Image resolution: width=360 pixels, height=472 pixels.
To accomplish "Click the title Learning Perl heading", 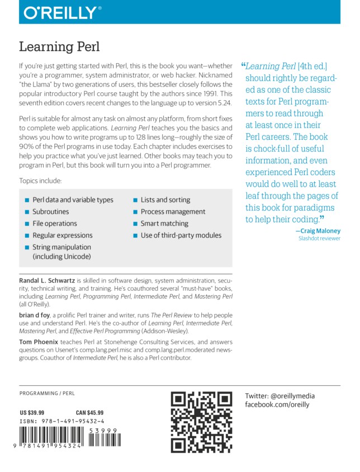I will click(59, 46).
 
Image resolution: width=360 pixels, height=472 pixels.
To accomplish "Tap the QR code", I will click(201, 422).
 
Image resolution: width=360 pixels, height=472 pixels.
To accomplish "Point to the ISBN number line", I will click(62, 421).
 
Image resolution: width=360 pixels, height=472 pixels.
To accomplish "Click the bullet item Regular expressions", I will click(63, 235).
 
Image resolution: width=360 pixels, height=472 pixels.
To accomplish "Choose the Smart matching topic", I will click(165, 224).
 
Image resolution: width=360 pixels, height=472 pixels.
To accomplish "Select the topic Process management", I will click(173, 212).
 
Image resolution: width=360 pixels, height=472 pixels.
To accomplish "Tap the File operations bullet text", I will click(55, 224).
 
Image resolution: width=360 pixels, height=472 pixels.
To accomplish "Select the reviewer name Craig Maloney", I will click(319, 231).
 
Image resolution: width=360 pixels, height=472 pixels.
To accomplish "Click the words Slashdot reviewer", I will click(319, 239).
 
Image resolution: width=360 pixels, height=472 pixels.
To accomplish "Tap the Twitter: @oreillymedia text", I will click(280, 397).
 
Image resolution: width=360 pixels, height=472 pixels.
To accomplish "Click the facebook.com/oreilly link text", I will click(277, 404).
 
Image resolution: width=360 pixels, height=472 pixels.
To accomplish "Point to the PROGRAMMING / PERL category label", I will click(46, 394).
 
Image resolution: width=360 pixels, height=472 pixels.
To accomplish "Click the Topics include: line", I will click(41, 181).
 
